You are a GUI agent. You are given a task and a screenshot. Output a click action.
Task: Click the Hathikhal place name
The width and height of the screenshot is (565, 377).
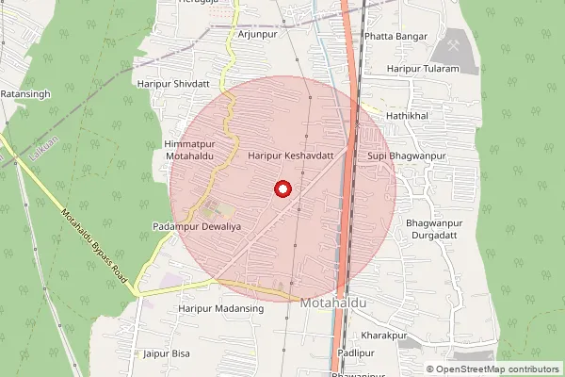(407, 114)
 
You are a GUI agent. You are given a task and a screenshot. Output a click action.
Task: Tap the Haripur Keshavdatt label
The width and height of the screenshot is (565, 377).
(291, 155)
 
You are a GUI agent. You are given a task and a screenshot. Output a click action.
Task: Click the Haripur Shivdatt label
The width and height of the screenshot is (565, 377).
(174, 84)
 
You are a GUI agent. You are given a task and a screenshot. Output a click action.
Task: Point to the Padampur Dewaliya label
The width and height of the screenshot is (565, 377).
(191, 227)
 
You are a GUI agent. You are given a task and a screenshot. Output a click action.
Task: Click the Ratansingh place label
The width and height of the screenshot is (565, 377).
(25, 94)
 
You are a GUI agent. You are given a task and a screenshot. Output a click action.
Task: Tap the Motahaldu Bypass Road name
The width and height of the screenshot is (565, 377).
(92, 238)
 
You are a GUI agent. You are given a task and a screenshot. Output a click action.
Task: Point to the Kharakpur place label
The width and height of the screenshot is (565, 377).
(383, 335)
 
